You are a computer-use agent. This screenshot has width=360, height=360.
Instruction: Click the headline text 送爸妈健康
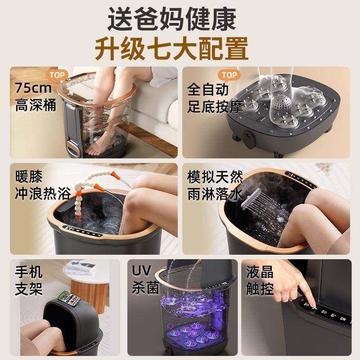pos(180,20)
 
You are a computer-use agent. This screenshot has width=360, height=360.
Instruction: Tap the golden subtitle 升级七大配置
pos(180,49)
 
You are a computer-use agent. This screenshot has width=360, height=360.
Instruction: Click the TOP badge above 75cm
pos(55,75)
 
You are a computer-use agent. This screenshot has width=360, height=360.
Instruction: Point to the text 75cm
pos(33,87)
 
